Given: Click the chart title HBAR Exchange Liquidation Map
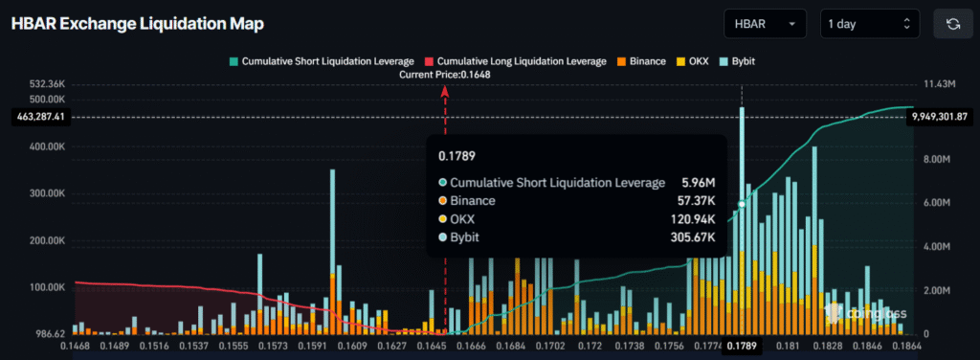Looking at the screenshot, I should pos(137,23).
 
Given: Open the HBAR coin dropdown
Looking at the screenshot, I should pos(765,24).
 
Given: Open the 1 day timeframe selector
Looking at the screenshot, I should pos(869,24).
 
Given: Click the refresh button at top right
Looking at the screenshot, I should pos(952,24).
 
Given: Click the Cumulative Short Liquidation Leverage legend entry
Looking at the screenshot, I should pos(322,61).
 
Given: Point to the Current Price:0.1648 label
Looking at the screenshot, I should pos(445,75).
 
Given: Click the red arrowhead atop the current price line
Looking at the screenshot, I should pos(445,89).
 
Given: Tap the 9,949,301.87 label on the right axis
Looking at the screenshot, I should pos(940,117).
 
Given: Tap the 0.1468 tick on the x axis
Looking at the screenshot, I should pos(77,345).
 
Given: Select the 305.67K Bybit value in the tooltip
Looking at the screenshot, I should pos(692,236).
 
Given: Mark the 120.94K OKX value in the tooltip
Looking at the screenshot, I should pos(692,219).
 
